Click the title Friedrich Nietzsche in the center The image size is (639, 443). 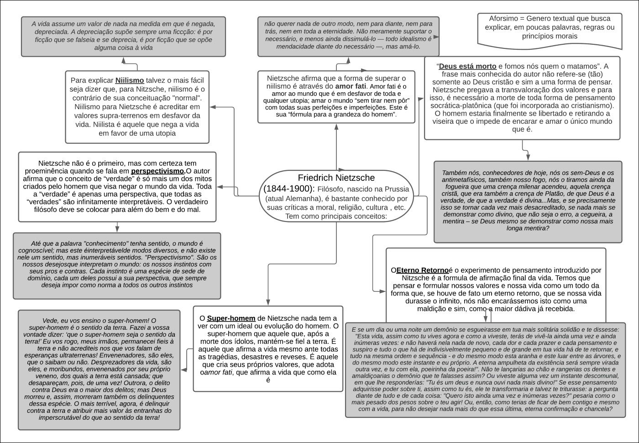click(336, 178)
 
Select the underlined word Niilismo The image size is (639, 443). click(130, 80)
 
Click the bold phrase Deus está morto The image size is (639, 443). click(467, 66)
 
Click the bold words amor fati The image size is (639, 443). click(351, 86)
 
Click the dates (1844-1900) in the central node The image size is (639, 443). click(288, 188)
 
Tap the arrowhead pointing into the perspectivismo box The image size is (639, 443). click(220, 187)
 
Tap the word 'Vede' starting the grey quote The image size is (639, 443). click(51, 321)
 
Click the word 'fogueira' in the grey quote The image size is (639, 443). click(455, 187)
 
